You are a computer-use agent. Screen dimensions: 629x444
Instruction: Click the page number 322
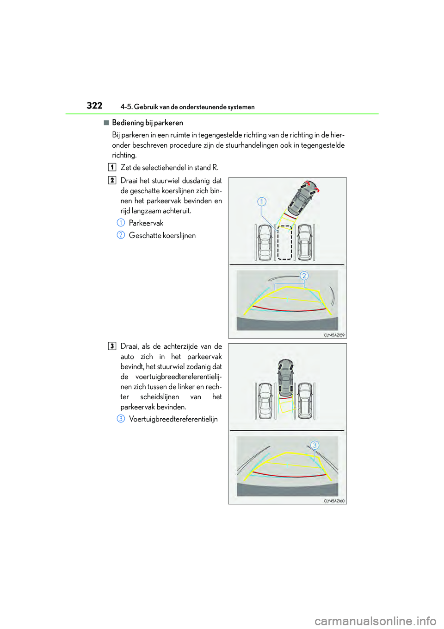tap(94, 106)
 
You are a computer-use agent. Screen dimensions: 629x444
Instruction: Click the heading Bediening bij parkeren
tap(147, 123)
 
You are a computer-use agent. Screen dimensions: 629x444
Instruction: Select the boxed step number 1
tap(112, 167)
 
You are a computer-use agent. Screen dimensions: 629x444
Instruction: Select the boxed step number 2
tap(112, 180)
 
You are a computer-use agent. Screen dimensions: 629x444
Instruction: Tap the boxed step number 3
tap(112, 346)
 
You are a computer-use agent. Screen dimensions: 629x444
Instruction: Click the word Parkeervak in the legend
tap(146, 223)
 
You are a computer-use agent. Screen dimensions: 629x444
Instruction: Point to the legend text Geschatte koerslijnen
tap(162, 235)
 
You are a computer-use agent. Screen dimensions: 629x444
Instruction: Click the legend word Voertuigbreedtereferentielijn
tap(173, 419)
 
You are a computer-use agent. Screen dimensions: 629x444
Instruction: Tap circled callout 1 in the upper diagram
tap(262, 201)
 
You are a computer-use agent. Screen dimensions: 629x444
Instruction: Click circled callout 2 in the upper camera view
tap(304, 276)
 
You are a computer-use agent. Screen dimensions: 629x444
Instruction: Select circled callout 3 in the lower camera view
tap(314, 445)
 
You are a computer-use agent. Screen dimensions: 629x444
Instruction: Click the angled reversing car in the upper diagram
tap(303, 198)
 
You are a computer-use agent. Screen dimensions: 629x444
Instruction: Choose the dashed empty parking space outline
tap(284, 242)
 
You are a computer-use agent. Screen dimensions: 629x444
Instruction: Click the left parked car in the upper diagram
tap(265, 242)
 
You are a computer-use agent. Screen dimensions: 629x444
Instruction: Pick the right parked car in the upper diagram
tap(304, 242)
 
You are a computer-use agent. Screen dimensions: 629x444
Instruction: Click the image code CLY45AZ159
tap(334, 335)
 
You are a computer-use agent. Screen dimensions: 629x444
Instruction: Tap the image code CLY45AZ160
tap(334, 501)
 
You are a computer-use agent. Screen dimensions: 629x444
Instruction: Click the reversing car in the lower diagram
tap(285, 378)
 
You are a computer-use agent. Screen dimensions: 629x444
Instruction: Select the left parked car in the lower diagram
tap(265, 400)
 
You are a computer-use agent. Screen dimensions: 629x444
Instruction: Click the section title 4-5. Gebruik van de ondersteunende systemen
tap(187, 107)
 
